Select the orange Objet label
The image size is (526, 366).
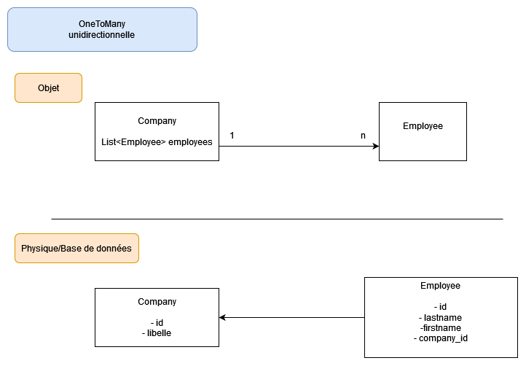click(48, 88)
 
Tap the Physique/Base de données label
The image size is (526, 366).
click(76, 249)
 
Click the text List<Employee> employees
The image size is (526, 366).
click(157, 142)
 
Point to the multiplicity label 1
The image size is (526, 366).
click(232, 136)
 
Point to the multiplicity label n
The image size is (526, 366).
click(363, 136)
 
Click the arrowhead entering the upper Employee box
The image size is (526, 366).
click(375, 147)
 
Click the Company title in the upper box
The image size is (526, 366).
click(157, 121)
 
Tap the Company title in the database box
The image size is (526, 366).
click(157, 302)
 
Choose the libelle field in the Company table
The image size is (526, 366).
click(157, 332)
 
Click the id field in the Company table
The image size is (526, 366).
click(157, 322)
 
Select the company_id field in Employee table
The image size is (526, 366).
click(440, 338)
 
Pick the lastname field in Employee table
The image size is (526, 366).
click(440, 317)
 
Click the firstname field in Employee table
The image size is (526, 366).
click(440, 328)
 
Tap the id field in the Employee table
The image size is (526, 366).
click(440, 307)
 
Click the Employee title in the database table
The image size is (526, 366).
click(440, 286)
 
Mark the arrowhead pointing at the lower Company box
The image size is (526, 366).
click(223, 318)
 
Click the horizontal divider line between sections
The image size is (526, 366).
click(277, 219)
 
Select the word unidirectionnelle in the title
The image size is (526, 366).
click(102, 35)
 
